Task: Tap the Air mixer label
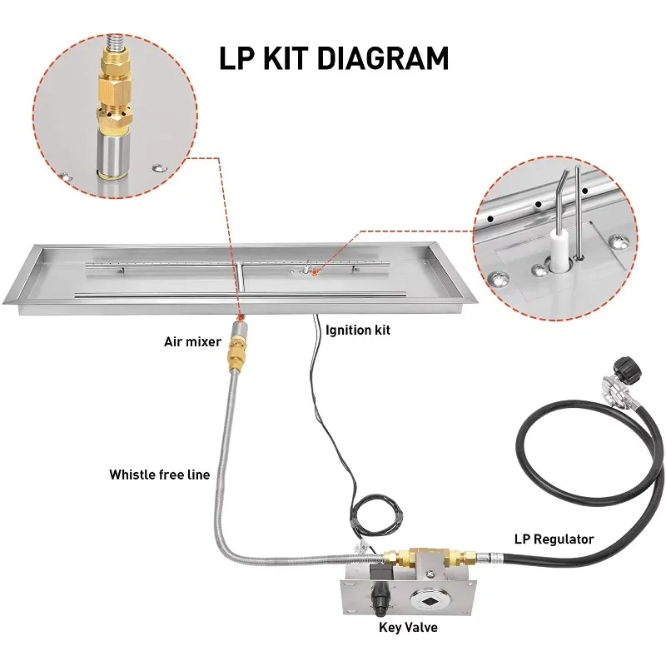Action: (x=192, y=341)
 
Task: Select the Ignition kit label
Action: (x=358, y=330)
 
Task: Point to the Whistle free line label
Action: (x=160, y=475)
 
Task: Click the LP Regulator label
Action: (x=554, y=539)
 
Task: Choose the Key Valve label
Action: (x=408, y=628)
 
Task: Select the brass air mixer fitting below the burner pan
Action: (x=237, y=347)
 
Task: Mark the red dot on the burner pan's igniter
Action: (x=315, y=272)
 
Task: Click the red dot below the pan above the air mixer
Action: (x=241, y=317)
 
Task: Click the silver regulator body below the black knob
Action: (x=612, y=390)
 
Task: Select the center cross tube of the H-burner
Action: (x=241, y=279)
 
